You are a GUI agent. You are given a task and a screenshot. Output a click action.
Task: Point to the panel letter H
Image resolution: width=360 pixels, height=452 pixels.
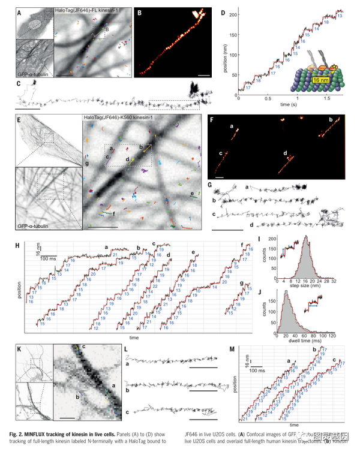click(20, 245)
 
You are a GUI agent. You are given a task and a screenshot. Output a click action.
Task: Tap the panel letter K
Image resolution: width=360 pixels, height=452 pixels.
click(20, 349)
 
